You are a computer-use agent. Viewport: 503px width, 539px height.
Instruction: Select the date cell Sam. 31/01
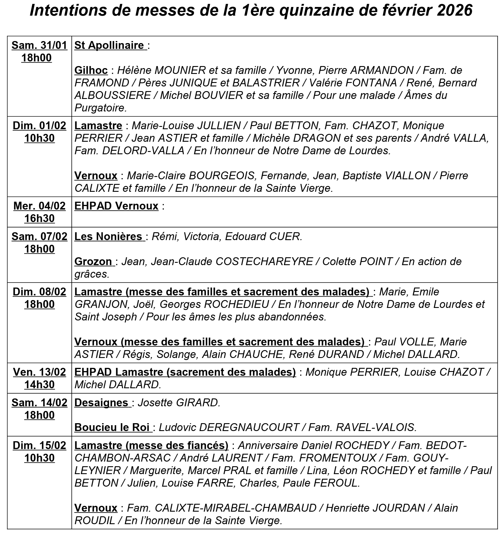39,46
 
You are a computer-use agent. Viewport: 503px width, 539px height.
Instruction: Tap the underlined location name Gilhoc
91,70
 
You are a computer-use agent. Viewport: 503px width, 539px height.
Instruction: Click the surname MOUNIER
180,70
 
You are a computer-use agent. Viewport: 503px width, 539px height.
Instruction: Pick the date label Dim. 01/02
39,126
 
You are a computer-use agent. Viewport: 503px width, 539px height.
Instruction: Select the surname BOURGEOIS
221,176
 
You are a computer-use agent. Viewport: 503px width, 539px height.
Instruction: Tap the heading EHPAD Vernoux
116,206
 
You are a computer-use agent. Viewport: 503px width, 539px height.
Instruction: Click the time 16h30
39,219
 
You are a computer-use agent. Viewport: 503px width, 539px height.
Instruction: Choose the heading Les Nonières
109,237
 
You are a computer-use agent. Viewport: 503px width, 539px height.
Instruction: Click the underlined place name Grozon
93,262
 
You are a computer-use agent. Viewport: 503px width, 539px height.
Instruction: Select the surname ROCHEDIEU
236,304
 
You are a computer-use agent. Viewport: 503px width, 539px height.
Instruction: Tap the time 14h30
39,385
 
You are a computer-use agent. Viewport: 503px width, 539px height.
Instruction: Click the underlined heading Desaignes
102,403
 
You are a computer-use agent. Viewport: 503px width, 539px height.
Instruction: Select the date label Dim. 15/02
39,446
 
